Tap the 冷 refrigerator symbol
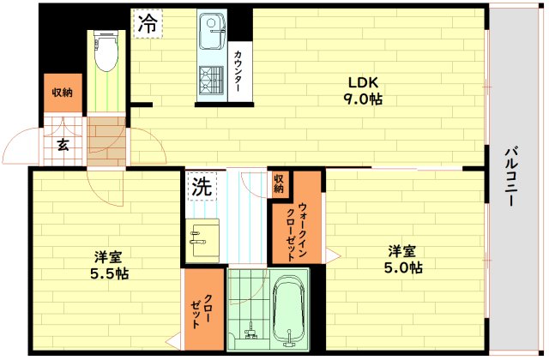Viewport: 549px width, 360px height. click(x=148, y=24)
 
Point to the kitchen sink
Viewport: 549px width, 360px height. click(x=210, y=36)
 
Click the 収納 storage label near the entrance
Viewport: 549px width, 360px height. click(x=62, y=93)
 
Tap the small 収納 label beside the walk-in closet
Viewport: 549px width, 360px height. click(x=280, y=183)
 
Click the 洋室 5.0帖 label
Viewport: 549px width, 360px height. click(x=404, y=259)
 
